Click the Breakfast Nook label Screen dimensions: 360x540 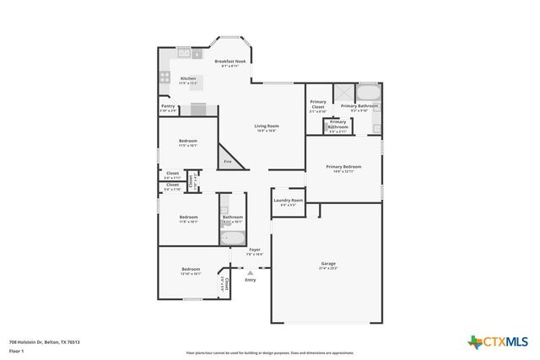pos(229,62)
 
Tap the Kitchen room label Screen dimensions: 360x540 pos(188,79)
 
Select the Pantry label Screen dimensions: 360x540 pos(168,106)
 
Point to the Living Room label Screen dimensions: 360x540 pos(267,126)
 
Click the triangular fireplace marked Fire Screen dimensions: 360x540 pos(226,159)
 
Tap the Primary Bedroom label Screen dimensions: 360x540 pos(343,168)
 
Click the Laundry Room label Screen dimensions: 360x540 pos(288,201)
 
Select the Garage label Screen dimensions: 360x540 pos(327,265)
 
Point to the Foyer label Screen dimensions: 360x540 pos(254,250)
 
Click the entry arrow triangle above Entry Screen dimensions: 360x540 pos(250,272)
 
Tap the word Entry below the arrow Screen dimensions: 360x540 pos(250,280)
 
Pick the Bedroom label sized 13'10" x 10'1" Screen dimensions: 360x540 pos(190,270)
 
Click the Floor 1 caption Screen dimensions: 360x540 pos(16,350)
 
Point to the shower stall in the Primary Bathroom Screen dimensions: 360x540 pos(343,93)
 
